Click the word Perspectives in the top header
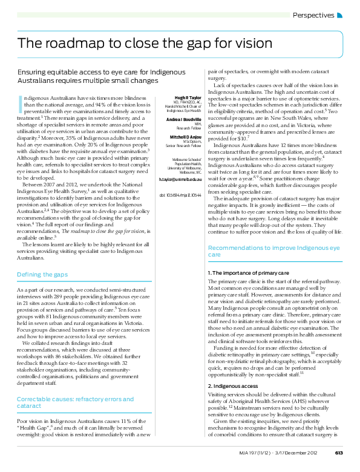click(313, 15)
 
